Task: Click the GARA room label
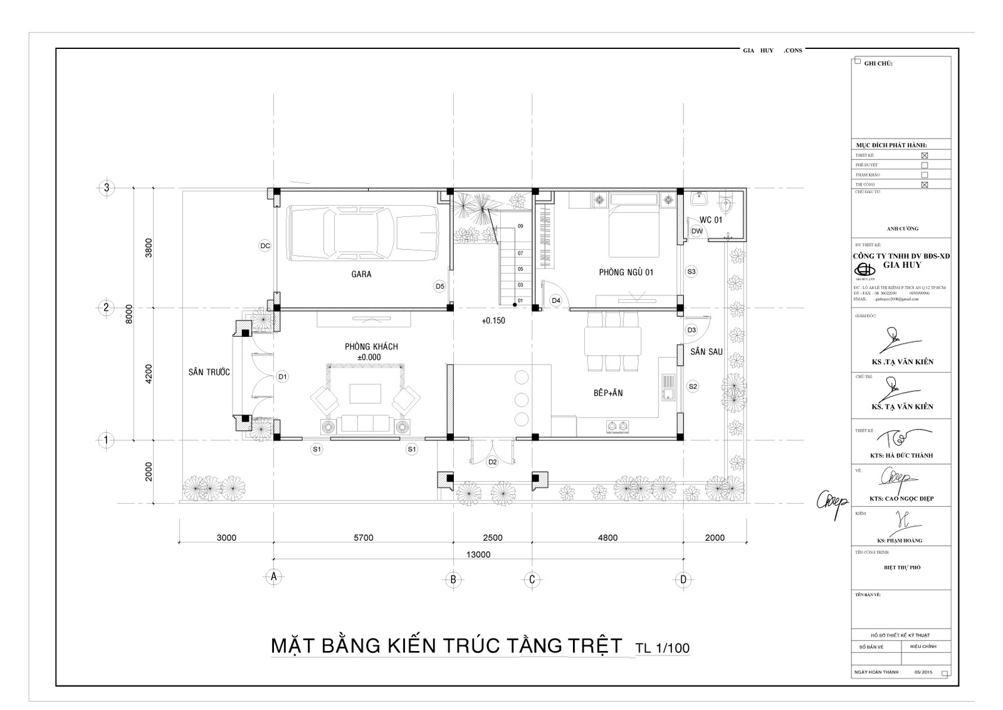tap(361, 274)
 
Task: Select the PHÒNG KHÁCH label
tap(371, 346)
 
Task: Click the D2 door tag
tap(492, 462)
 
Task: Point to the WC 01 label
tap(711, 220)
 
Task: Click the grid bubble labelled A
tap(273, 577)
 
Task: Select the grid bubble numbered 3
tap(107, 188)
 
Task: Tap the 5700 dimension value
tap(363, 538)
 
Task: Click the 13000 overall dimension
tap(478, 554)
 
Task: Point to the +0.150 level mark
tap(493, 321)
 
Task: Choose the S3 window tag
tap(691, 272)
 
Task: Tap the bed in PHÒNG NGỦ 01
tap(634, 231)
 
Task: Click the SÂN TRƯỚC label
tap(209, 372)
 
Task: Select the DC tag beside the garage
tap(265, 246)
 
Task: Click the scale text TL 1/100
tap(662, 647)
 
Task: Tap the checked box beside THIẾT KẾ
tap(924, 155)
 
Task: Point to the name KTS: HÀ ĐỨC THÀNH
tap(901, 455)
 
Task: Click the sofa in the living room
tap(364, 424)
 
